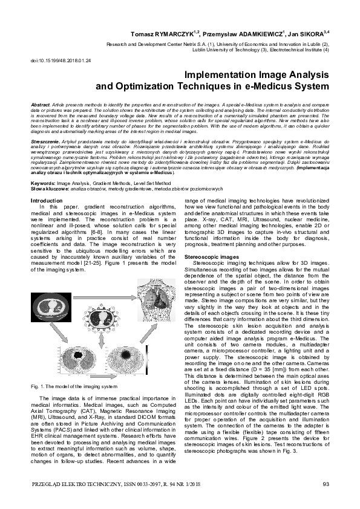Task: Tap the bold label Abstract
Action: coord(40,105)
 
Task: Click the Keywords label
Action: coord(44,181)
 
